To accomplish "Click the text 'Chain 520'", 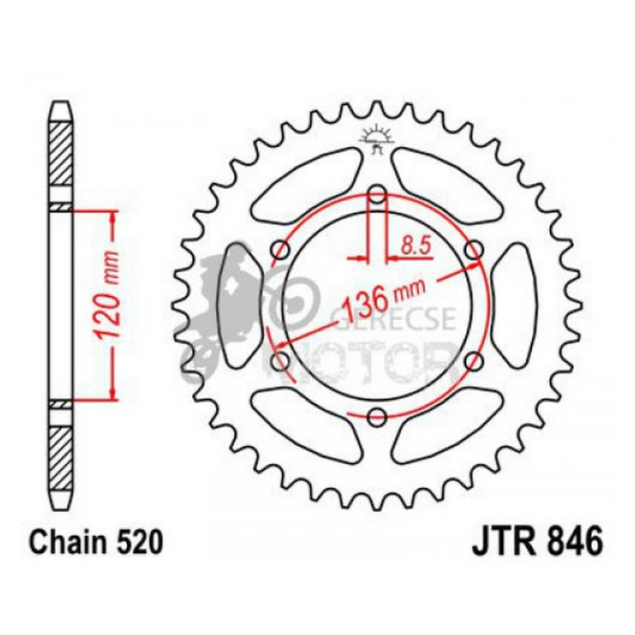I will [91, 543].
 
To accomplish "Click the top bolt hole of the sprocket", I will [377, 195].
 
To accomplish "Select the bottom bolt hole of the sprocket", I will [377, 416].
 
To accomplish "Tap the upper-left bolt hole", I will [281, 250].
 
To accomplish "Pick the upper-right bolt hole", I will [473, 249].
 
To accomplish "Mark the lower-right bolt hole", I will [473, 360].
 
